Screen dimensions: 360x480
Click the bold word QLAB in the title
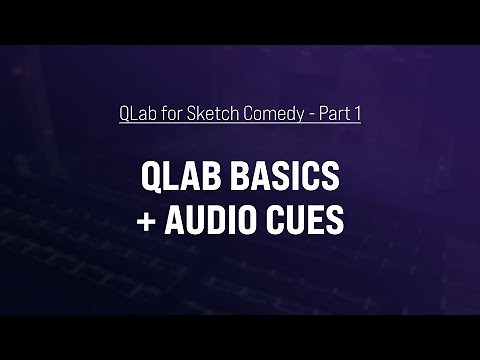point(180,179)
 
